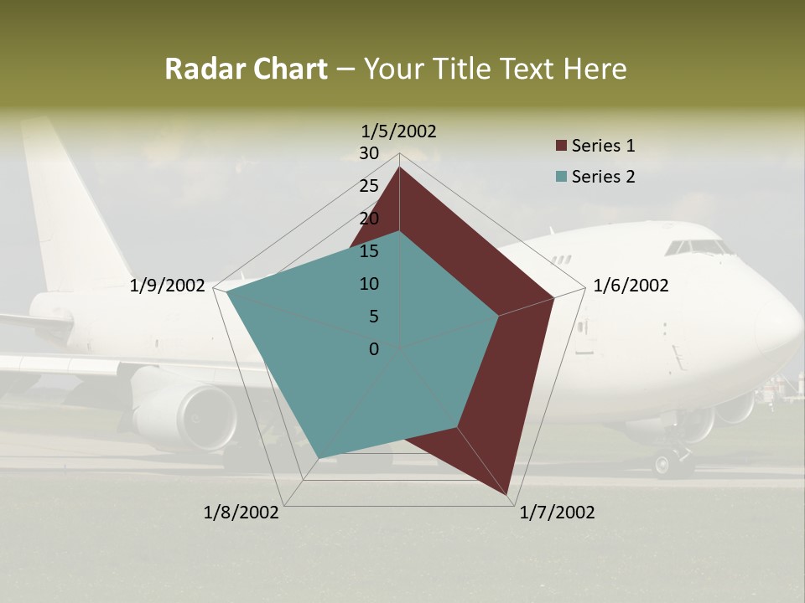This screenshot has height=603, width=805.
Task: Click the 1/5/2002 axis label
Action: (399, 131)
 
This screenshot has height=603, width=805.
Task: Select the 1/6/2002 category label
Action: (631, 286)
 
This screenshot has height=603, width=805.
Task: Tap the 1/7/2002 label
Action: (557, 513)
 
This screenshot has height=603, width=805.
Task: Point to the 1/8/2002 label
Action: (241, 513)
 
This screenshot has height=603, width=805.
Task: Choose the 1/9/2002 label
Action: (168, 286)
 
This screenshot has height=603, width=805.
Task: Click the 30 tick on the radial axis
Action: (369, 153)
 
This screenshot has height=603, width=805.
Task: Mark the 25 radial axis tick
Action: (369, 186)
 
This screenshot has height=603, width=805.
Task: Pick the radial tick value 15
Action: (369, 251)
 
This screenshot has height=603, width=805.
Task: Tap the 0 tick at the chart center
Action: (374, 349)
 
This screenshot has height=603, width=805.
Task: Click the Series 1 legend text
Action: (603, 146)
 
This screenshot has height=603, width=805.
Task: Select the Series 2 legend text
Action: (603, 177)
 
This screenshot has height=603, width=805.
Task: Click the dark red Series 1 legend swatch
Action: (561, 146)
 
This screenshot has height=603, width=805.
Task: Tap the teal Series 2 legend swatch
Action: (561, 177)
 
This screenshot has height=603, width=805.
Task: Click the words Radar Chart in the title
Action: (246, 70)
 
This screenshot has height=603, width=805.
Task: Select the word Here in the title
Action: (595, 70)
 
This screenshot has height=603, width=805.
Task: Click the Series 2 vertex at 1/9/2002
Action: (226, 292)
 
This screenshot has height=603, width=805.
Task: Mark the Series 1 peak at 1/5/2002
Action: (399, 167)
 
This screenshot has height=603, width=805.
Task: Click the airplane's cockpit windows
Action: (698, 248)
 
